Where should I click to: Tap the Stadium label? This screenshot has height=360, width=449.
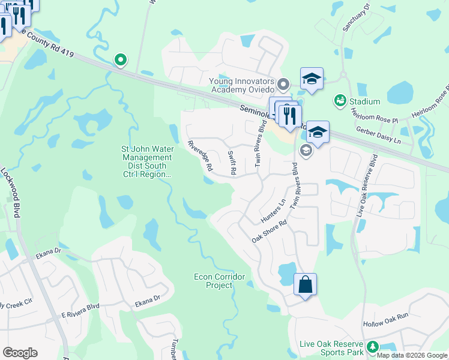(364, 101)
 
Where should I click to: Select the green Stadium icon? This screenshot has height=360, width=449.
(340, 100)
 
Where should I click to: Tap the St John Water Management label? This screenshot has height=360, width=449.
(147, 161)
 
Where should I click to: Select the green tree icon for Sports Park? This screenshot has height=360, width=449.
(372, 347)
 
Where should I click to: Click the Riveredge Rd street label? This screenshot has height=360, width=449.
(200, 156)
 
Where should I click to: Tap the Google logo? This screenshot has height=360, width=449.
(20, 353)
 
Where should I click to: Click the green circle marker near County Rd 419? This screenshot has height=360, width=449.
(121, 59)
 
